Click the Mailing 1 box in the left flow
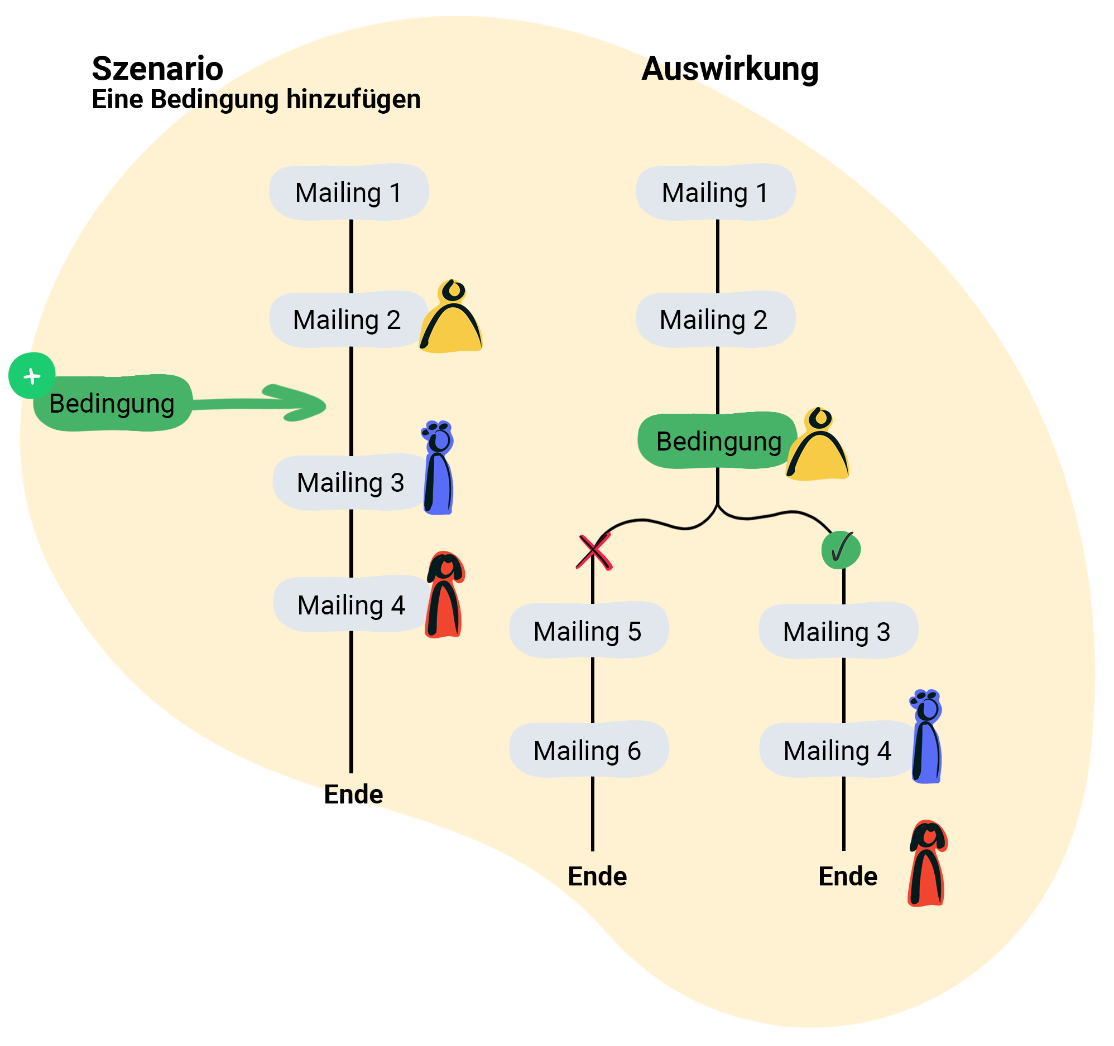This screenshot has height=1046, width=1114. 349,192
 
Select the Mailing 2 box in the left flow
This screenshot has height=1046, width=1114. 347,320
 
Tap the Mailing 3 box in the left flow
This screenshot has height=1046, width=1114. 351,483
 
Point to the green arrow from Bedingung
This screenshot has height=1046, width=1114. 263,403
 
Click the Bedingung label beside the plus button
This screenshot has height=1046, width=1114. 112,404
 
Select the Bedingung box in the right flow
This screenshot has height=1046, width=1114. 718,442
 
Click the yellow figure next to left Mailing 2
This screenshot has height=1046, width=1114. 452,319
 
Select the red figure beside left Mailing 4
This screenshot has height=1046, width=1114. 445,597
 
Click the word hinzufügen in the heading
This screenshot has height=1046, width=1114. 354,100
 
